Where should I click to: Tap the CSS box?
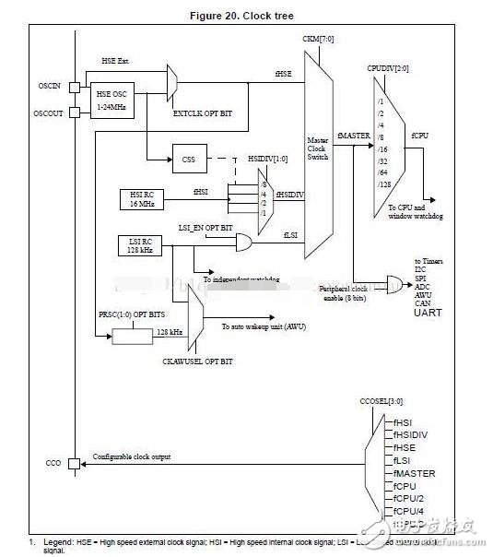(x=188, y=159)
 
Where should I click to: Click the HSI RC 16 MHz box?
(x=142, y=197)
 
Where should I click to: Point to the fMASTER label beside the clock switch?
(x=355, y=136)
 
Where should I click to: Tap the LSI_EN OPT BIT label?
(x=205, y=226)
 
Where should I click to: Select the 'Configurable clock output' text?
(x=139, y=456)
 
